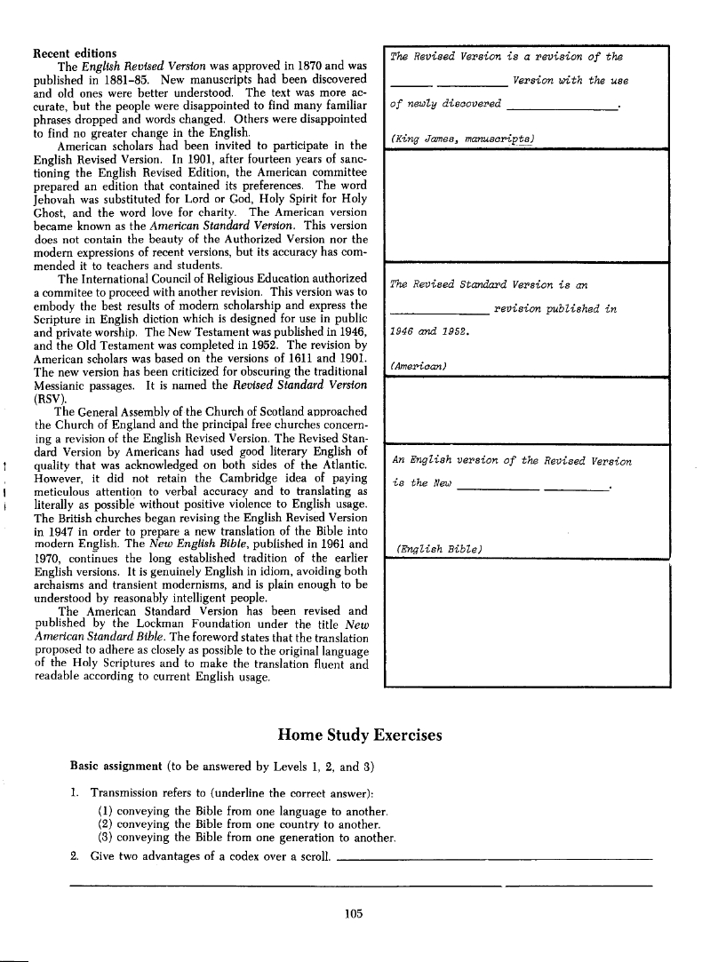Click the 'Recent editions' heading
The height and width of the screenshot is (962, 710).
pos(74,53)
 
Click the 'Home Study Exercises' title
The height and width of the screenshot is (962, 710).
pos(360,735)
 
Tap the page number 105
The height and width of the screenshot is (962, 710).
pos(355,912)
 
